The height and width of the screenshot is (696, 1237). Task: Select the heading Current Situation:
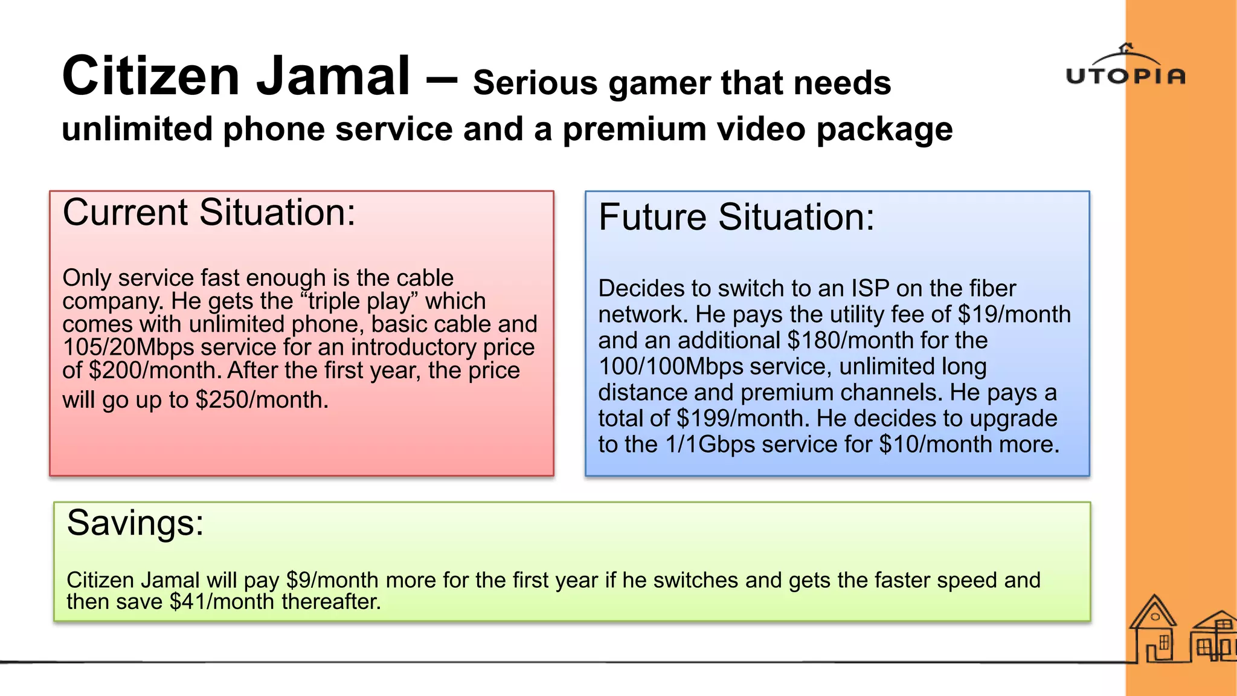(209, 213)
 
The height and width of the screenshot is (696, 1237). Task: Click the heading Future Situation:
(736, 217)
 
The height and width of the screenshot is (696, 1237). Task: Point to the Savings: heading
(135, 523)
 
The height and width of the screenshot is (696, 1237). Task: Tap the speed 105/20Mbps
(128, 347)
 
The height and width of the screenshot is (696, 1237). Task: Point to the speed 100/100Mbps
(671, 367)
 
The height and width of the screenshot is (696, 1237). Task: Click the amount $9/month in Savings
(332, 581)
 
